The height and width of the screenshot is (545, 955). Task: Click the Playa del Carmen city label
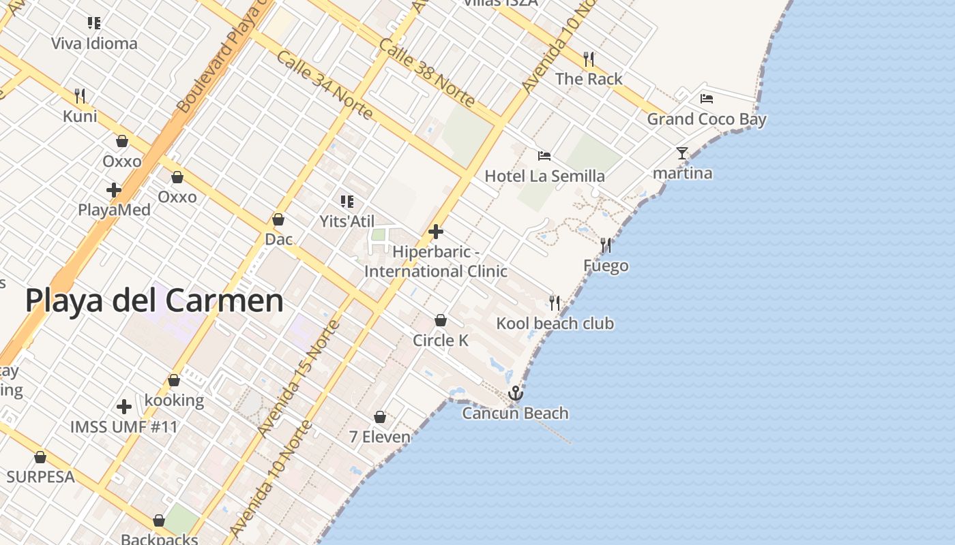coord(154,300)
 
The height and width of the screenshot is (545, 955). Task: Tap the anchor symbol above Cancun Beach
coord(516,393)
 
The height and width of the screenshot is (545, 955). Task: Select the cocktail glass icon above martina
coord(682,153)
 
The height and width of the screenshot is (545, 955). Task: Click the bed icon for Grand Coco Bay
coord(707,99)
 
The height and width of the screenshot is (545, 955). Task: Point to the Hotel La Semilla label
coord(544,176)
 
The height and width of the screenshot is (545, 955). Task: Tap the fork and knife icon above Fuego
coord(606,245)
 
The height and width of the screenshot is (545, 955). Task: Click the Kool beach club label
coord(555,324)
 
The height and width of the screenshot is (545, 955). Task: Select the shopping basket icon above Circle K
coord(441,320)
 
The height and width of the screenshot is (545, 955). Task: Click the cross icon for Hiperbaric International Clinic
coord(436,232)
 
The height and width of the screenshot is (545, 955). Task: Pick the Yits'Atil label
coord(347,221)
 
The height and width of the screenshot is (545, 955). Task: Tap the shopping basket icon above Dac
coord(278,219)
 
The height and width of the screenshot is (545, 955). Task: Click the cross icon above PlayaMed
coord(114,190)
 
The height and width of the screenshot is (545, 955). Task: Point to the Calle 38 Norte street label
coord(426,73)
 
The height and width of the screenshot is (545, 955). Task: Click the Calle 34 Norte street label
coord(324,84)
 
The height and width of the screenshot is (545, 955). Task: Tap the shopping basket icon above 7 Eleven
coord(380,416)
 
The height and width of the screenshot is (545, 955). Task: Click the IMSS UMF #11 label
coord(124,427)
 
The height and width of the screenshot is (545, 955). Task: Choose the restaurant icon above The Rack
coord(589,59)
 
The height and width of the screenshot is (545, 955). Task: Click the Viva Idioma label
coord(94,44)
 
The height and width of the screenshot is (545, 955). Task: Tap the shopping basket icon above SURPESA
coord(40,457)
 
